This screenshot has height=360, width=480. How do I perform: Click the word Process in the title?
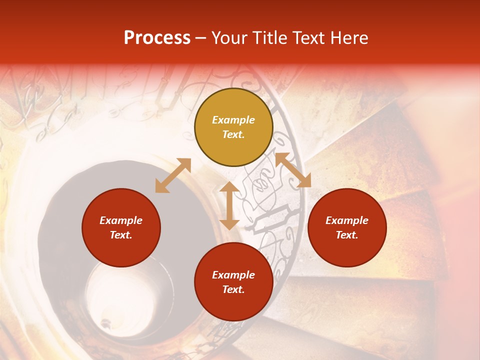pos(157,38)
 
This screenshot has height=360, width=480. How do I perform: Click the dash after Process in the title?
pos(201,38)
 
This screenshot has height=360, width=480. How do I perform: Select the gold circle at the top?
pos(233,102)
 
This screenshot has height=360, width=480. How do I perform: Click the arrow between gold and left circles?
pos(173,175)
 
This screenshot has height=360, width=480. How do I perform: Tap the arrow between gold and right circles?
pos(293,170)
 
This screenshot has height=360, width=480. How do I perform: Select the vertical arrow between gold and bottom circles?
pos(229,205)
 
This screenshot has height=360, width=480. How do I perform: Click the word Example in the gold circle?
pos(233,120)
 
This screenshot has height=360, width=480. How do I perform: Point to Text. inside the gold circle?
pos(233,134)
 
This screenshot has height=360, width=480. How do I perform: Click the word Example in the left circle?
pos(121,220)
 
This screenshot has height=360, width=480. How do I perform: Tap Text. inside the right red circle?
pos(347,235)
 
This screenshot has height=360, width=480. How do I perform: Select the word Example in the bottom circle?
pos(233,275)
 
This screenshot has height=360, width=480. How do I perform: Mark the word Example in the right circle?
pos(347,220)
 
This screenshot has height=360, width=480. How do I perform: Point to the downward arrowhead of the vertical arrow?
pos(229,223)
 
